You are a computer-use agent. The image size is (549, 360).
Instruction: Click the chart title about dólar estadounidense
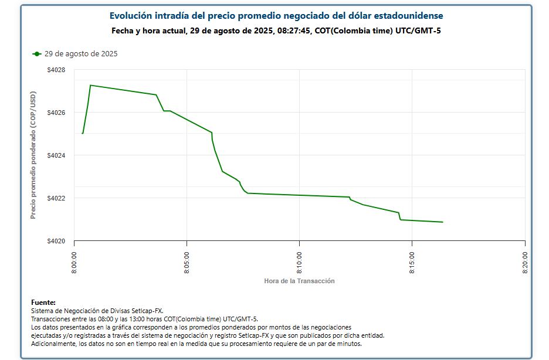(x=276, y=16)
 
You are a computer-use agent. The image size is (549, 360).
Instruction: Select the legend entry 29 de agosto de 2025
(x=81, y=54)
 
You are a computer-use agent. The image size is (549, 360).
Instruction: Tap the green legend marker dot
(x=37, y=54)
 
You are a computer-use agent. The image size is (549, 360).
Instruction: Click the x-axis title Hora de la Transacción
(x=299, y=281)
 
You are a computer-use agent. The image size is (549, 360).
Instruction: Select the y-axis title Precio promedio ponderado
(x=33, y=155)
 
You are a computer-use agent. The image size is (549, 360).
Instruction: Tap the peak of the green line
(x=90, y=85)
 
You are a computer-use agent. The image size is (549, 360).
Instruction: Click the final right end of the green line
(x=442, y=222)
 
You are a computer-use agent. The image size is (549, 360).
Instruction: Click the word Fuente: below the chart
(x=43, y=303)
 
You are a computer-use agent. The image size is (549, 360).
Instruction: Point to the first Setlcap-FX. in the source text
(x=147, y=311)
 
